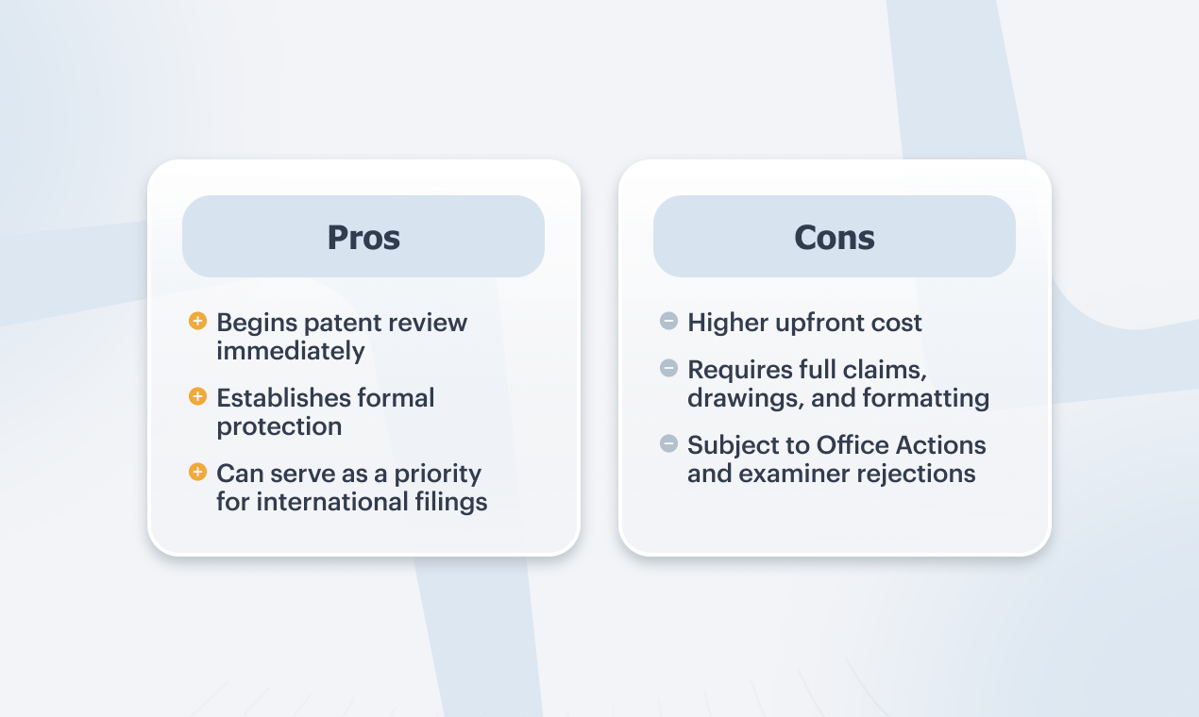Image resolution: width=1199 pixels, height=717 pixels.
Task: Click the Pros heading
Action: pos(363,238)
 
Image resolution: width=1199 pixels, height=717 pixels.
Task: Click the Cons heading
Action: pos(835,238)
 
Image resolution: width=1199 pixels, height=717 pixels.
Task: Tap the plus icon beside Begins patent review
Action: pos(197,321)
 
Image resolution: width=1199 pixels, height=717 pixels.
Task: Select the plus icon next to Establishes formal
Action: pos(197,396)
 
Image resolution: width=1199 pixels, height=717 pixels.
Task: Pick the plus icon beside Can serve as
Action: pos(197,472)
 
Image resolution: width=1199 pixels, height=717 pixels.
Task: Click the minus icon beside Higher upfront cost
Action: pos(668,321)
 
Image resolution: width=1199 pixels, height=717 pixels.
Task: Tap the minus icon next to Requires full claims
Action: pos(668,368)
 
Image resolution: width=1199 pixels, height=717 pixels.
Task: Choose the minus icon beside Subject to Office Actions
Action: pos(668,443)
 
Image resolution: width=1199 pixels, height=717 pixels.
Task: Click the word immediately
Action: pos(290,352)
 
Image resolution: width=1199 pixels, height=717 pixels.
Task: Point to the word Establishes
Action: pos(283,398)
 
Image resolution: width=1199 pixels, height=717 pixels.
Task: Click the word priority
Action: pos(437,475)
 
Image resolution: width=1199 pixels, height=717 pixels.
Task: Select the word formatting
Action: pos(926,399)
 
